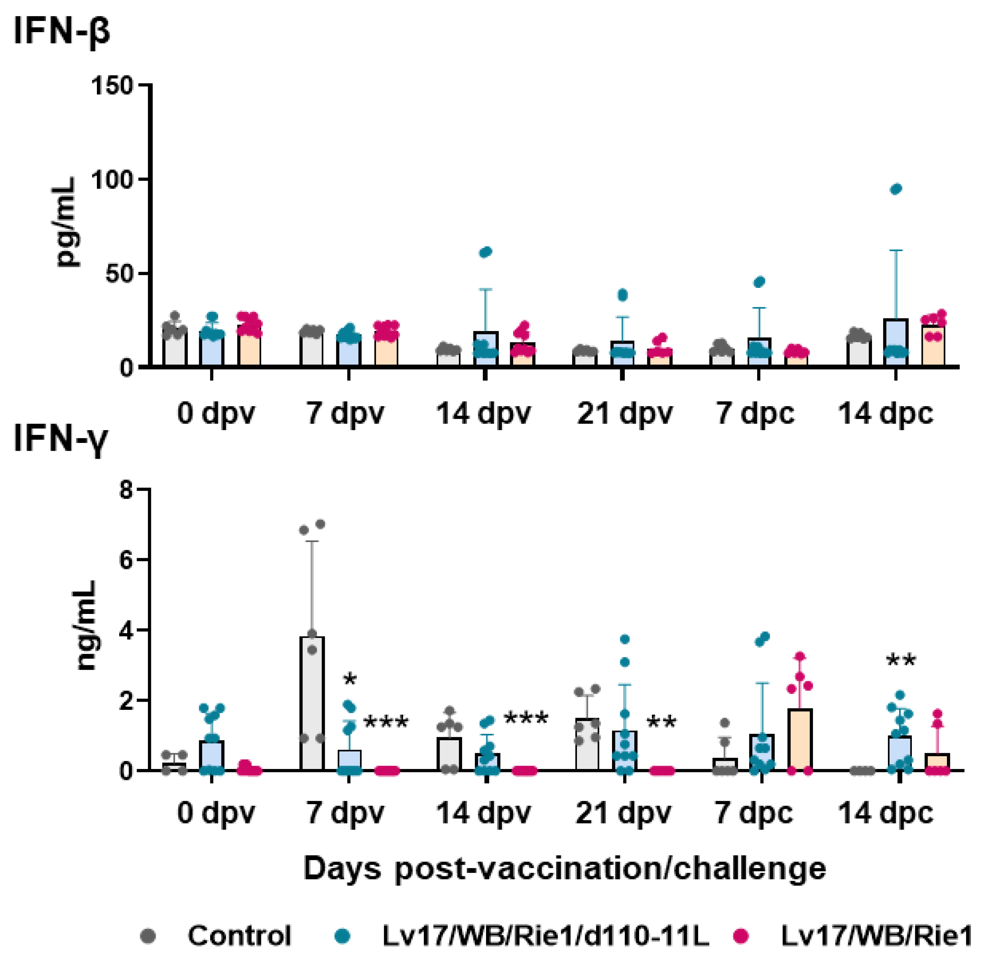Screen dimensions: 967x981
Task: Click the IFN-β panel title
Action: (61, 31)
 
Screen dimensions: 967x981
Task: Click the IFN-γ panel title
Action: (60, 438)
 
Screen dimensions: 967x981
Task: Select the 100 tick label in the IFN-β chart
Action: (112, 179)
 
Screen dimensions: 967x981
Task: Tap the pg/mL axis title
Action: (66, 222)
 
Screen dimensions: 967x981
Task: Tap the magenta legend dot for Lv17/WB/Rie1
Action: (742, 935)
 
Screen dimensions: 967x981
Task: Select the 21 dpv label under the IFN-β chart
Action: (624, 414)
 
